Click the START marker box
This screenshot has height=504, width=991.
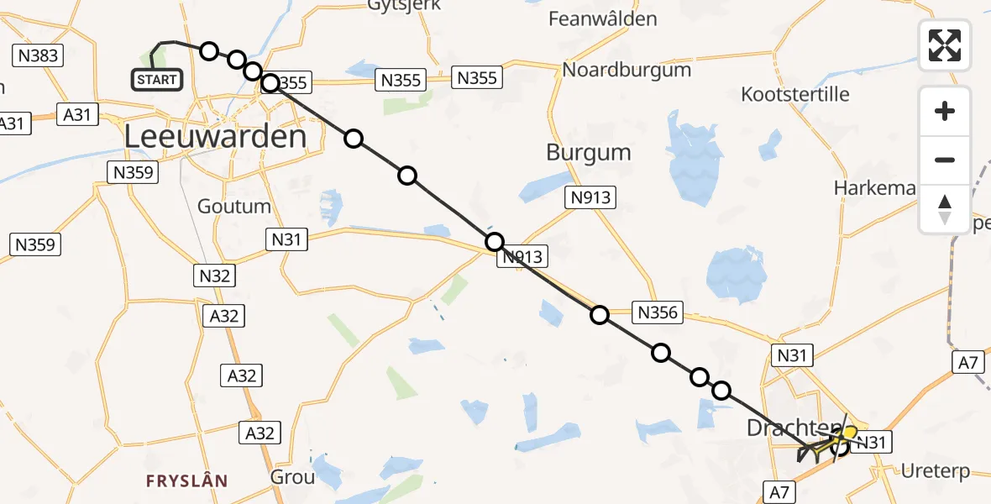[x=157, y=80]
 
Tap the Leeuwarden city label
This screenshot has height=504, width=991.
[x=215, y=136]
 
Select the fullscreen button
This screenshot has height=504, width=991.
[x=945, y=45]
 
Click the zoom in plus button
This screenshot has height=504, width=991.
[x=945, y=111]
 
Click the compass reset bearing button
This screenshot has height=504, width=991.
[x=945, y=209]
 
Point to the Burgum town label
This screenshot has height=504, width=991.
[x=588, y=153]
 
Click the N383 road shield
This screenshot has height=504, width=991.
[x=37, y=56]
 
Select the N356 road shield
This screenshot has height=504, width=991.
[x=658, y=312]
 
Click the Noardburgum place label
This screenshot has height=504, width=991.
[x=627, y=70]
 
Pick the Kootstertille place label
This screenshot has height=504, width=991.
[x=795, y=94]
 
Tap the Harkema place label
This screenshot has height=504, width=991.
[x=874, y=187]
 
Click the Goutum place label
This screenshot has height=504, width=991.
[x=234, y=206]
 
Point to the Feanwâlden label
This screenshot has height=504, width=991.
[x=613, y=18]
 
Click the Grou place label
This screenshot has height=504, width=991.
[x=292, y=477]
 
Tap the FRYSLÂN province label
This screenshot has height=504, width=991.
[x=186, y=481]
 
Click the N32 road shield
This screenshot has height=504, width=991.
[x=213, y=276]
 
